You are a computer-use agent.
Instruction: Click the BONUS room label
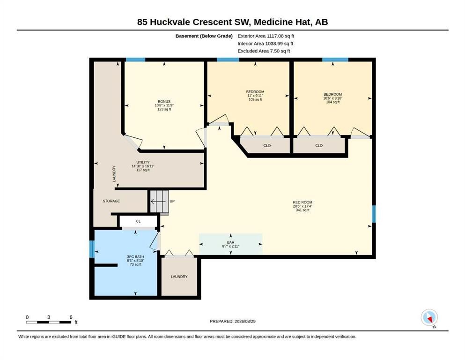[x=164, y=102]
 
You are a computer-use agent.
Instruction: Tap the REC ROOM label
[x=303, y=202]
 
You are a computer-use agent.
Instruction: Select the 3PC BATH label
[x=135, y=257]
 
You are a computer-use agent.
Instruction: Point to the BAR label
[x=231, y=242]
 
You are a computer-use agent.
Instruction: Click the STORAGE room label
[x=111, y=201]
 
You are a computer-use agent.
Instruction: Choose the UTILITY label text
[x=143, y=162]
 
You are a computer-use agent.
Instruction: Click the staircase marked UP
[x=159, y=202]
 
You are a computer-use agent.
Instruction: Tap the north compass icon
[x=429, y=317]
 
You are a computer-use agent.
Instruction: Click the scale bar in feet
[x=49, y=322]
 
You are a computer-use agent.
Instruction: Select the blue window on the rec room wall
[x=374, y=214]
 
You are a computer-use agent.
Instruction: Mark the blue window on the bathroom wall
[x=92, y=249]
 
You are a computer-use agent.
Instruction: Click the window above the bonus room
[x=135, y=60]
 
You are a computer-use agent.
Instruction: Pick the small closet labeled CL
[x=138, y=221]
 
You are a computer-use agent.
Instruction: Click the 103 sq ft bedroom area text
[x=255, y=99]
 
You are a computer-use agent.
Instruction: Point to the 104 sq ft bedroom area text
[x=333, y=102]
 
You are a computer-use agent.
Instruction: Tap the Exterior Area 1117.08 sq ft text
[x=266, y=36]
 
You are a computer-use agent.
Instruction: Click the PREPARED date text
[x=232, y=321]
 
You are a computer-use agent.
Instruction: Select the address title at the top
[x=232, y=22]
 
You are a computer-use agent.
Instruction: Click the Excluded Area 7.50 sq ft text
[x=264, y=51]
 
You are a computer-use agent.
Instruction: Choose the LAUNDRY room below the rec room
[x=179, y=277]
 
